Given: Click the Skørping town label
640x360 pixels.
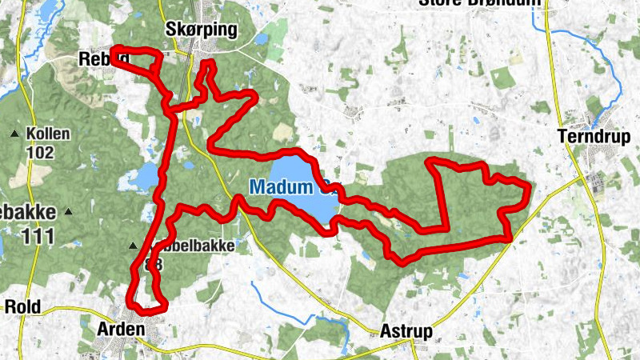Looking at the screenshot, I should coord(202,30).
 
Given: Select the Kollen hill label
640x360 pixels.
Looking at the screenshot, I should coord(48,134).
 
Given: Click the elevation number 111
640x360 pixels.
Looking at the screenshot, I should coord(38,235).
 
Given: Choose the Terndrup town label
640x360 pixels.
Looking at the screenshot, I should coord(594,135).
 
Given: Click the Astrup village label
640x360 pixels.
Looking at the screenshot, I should coord(406,331).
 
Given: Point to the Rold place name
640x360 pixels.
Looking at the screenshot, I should coord(22,306).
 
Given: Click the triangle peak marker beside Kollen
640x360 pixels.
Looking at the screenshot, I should coord(14,134).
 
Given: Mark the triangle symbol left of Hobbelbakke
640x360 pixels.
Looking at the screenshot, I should coord(134,246).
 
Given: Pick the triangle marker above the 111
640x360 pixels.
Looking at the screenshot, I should coord(69,212).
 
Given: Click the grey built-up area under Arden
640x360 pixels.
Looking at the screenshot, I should coord(112,348).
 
